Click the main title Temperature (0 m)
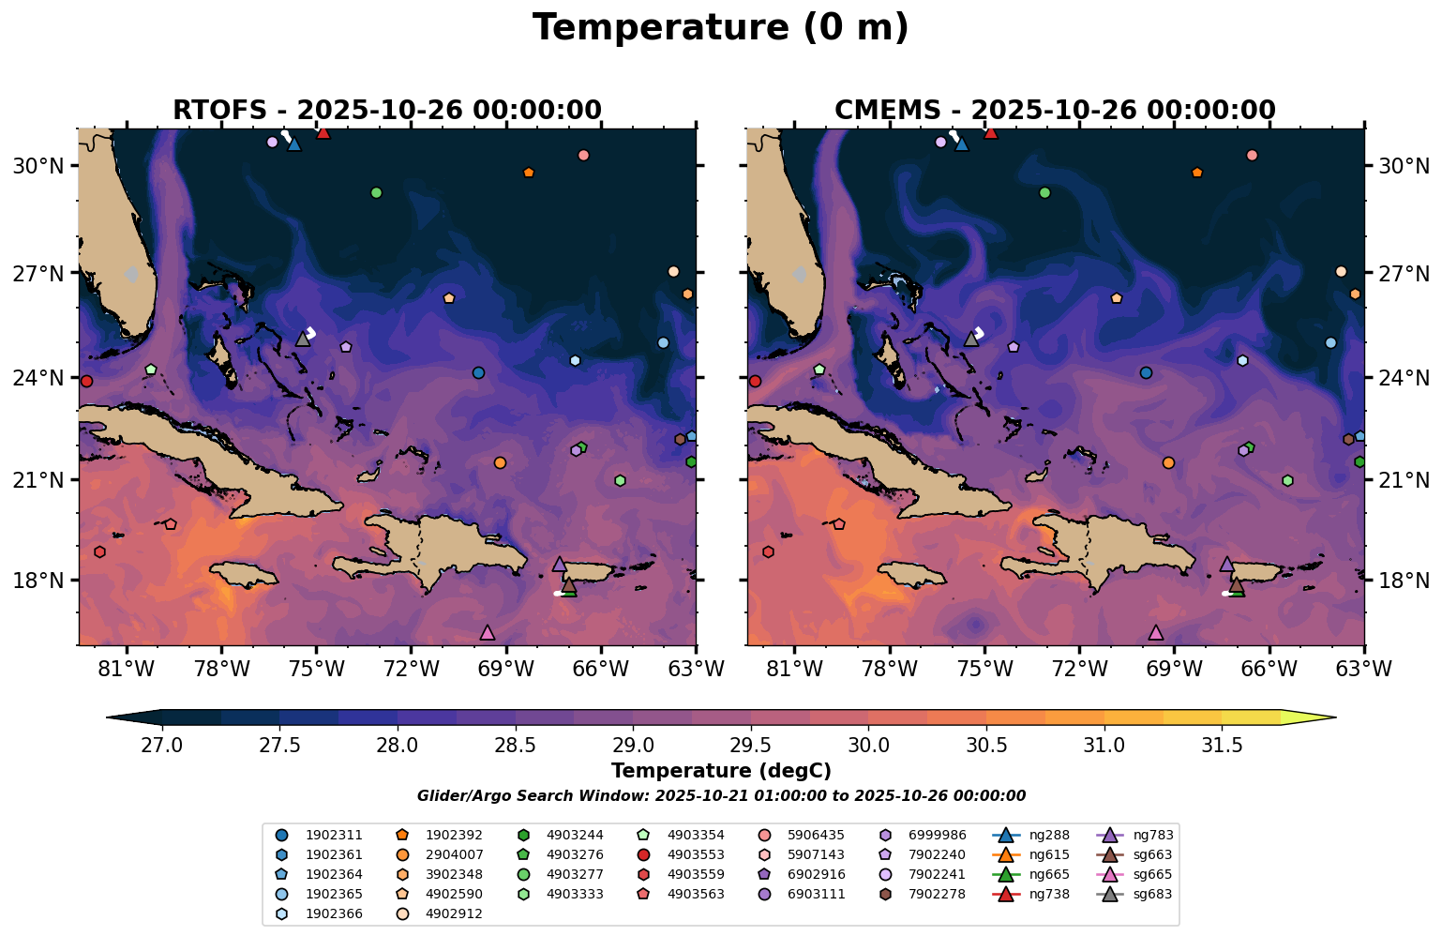click(x=720, y=28)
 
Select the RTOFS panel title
click(x=386, y=111)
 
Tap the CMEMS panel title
click(x=1055, y=111)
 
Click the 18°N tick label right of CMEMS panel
click(x=1404, y=581)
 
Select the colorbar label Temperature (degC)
click(x=720, y=771)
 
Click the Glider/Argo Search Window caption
click(x=720, y=796)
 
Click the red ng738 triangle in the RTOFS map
click(x=323, y=132)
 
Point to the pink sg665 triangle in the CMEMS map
click(x=1155, y=633)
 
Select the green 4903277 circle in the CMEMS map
click(x=1044, y=192)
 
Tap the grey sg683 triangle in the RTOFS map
click(x=303, y=340)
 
